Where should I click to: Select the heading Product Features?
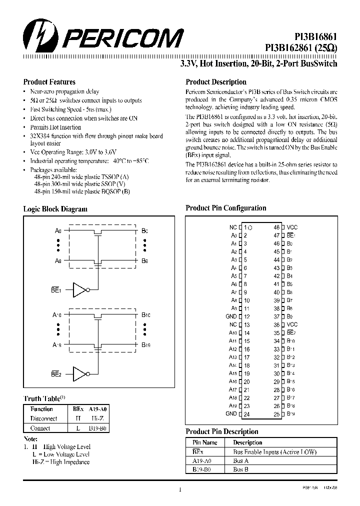(x=49, y=82)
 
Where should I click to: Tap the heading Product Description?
(x=215, y=82)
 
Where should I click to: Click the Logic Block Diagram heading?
(x=55, y=209)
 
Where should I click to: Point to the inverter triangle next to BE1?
(x=80, y=290)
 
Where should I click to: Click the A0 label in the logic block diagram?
(x=58, y=231)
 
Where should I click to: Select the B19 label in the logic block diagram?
(x=145, y=345)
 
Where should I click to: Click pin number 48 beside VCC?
(x=276, y=227)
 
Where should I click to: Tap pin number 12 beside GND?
(x=246, y=316)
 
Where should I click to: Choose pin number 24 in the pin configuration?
(x=246, y=414)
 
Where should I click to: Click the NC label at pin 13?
(x=232, y=324)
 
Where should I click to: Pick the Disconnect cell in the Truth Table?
(x=44, y=418)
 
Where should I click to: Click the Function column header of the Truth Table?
(x=42, y=409)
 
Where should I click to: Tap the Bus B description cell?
(x=241, y=469)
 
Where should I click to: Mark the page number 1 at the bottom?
(x=179, y=490)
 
